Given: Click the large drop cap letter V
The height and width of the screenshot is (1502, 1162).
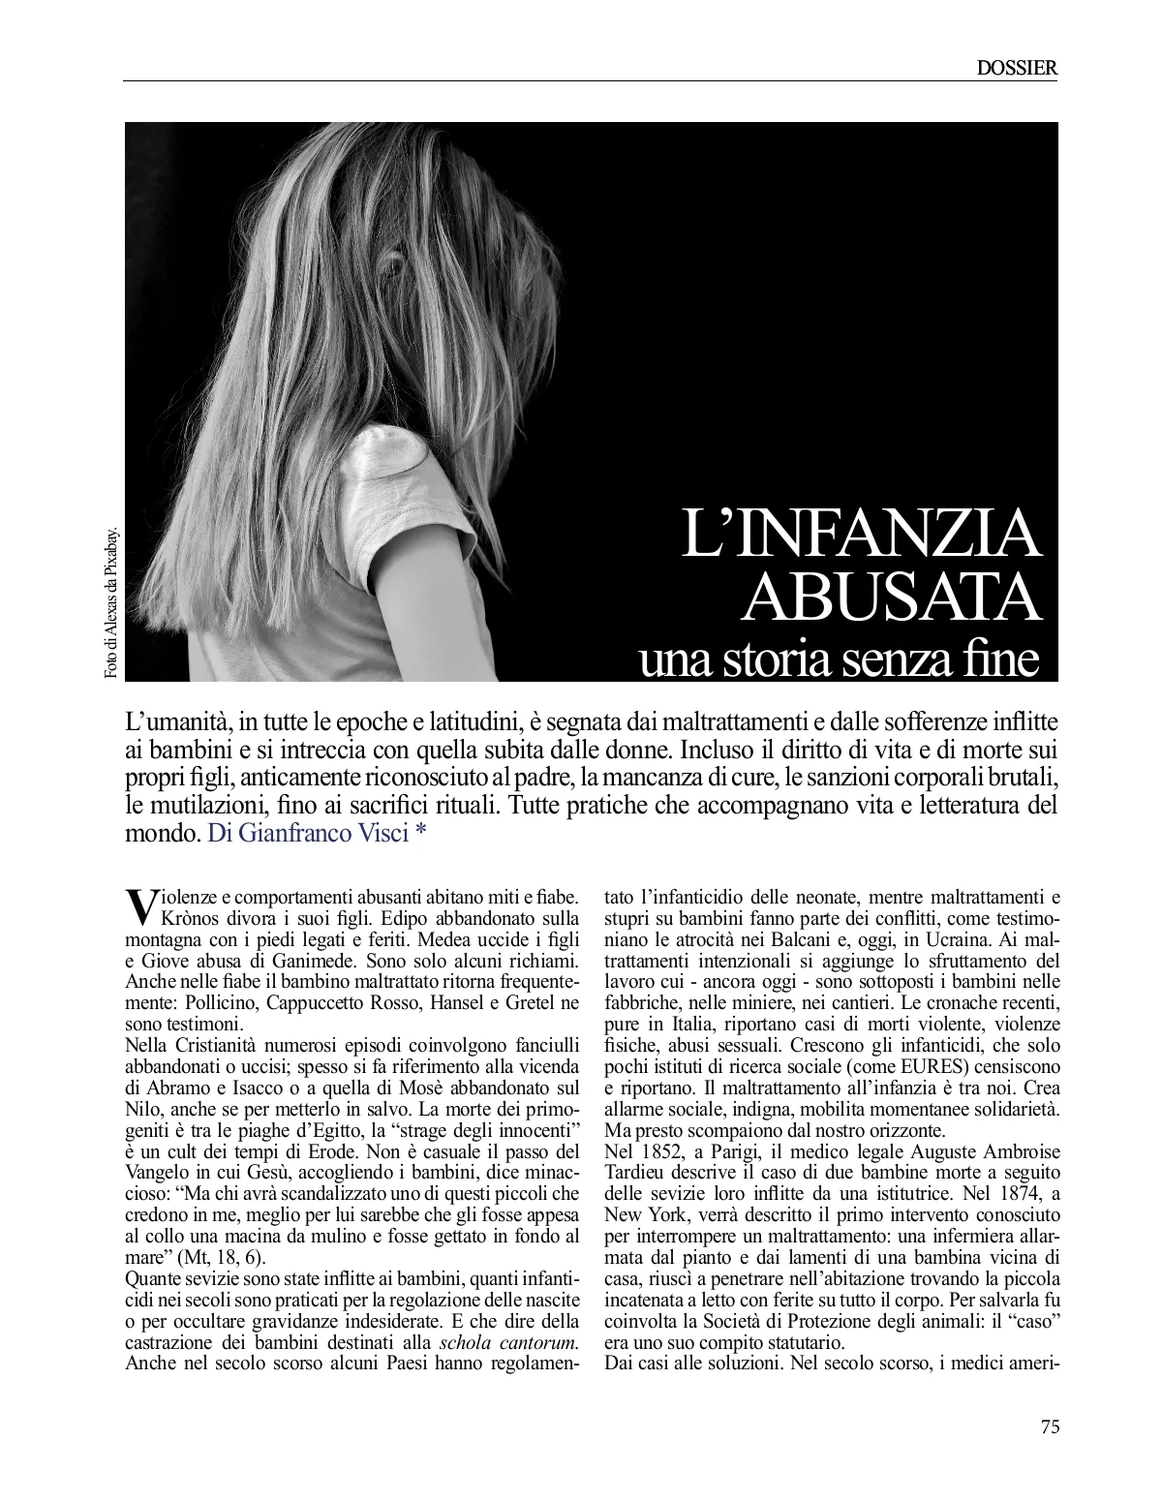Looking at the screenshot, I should tap(140, 904).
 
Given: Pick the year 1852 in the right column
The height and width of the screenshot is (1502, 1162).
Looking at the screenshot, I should tap(664, 1150).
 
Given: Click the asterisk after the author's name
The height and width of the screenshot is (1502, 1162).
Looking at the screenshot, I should tap(420, 833).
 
